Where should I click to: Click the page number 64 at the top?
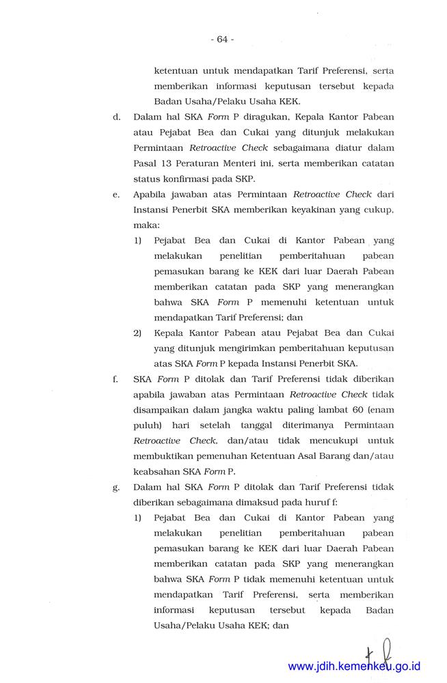(x=222, y=39)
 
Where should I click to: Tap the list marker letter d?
(x=116, y=117)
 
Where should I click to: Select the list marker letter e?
(x=116, y=195)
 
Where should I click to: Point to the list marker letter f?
(x=116, y=378)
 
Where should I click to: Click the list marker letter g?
(x=116, y=487)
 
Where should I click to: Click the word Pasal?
(x=147, y=164)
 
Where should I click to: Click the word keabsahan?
(x=158, y=471)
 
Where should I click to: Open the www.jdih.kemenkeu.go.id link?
(x=354, y=666)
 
